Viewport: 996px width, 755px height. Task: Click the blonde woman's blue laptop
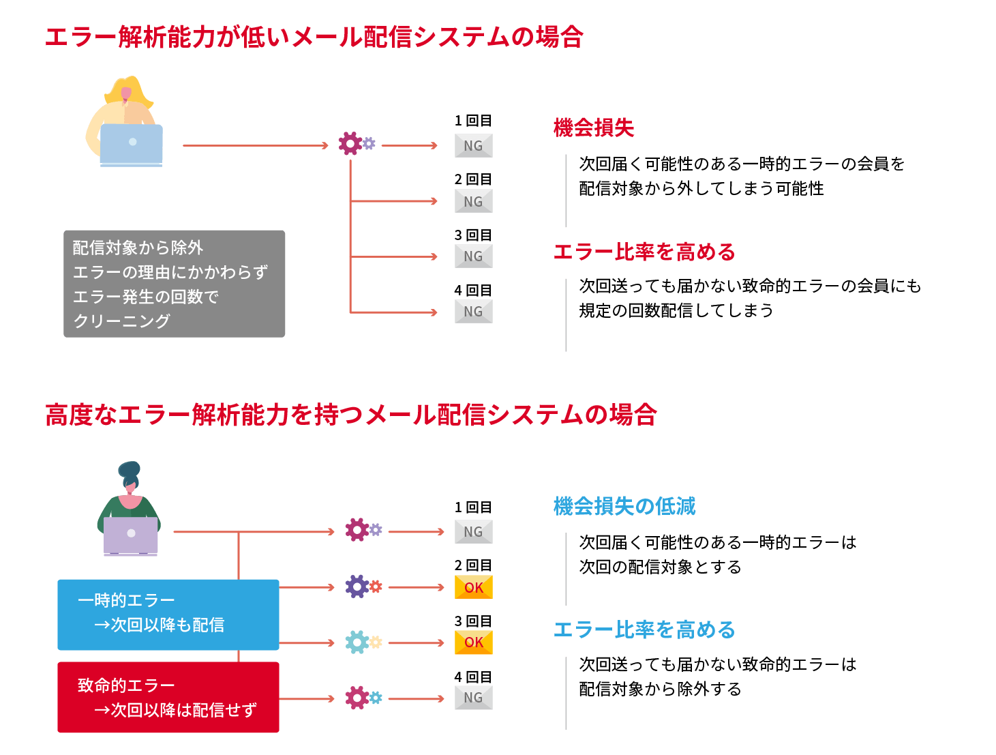pyautogui.click(x=132, y=144)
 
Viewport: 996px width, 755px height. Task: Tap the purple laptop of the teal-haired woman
pyautogui.click(x=131, y=535)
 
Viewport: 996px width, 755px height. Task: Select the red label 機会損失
pyautogui.click(x=594, y=128)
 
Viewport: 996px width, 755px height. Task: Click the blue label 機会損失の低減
pyautogui.click(x=624, y=506)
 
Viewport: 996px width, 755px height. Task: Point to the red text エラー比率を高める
pyautogui.click(x=644, y=252)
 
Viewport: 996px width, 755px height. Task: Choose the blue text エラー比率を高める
pyautogui.click(x=644, y=630)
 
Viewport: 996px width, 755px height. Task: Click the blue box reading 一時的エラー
pyautogui.click(x=168, y=614)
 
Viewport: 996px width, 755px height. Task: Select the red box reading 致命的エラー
pyautogui.click(x=168, y=697)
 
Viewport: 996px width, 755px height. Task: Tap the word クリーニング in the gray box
pyautogui.click(x=122, y=321)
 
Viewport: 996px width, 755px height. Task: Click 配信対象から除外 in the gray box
pyautogui.click(x=138, y=248)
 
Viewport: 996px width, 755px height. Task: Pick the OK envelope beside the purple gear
pyautogui.click(x=474, y=587)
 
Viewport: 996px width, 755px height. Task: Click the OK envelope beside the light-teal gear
pyautogui.click(x=474, y=642)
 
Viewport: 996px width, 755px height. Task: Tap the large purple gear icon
pyautogui.click(x=357, y=587)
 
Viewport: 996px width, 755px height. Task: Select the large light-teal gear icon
pyautogui.click(x=357, y=642)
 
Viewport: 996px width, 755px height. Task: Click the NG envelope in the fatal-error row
pyautogui.click(x=474, y=698)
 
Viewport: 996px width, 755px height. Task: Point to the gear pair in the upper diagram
pyautogui.click(x=357, y=144)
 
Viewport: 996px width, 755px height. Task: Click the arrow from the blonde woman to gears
pyautogui.click(x=255, y=145)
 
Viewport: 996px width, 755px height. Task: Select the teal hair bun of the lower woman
pyautogui.click(x=129, y=470)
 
